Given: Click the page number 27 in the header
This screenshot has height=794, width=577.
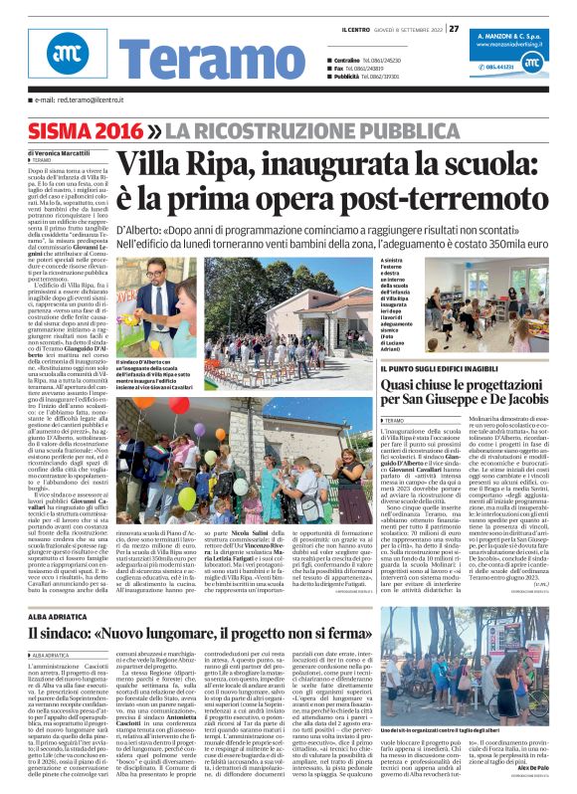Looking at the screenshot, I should coord(454,28).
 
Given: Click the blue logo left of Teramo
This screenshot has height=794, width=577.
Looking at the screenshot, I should coord(62,60).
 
